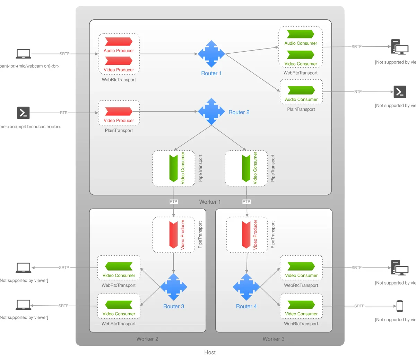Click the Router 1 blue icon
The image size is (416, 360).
(211, 54)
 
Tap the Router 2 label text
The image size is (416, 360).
(239, 112)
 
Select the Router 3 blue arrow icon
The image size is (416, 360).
(173, 287)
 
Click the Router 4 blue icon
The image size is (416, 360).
(246, 287)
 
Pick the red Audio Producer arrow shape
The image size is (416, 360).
(119, 42)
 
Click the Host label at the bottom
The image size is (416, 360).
(210, 352)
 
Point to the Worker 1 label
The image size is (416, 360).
(210, 202)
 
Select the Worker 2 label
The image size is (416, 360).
(147, 339)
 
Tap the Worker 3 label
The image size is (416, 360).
(274, 339)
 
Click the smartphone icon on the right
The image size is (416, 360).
(400, 306)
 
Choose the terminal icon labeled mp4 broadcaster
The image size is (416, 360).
(23, 113)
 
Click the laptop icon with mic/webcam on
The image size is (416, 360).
(24, 54)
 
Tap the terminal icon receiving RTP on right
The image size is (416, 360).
(400, 92)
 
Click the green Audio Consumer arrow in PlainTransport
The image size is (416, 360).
(301, 90)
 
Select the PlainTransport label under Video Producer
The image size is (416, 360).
(119, 131)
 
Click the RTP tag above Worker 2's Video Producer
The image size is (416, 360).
(173, 202)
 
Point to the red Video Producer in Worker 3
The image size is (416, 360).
(246, 235)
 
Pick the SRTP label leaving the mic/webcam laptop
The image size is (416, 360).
(64, 54)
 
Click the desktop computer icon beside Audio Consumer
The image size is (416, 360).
(399, 47)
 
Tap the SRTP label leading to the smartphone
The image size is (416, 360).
(359, 306)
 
